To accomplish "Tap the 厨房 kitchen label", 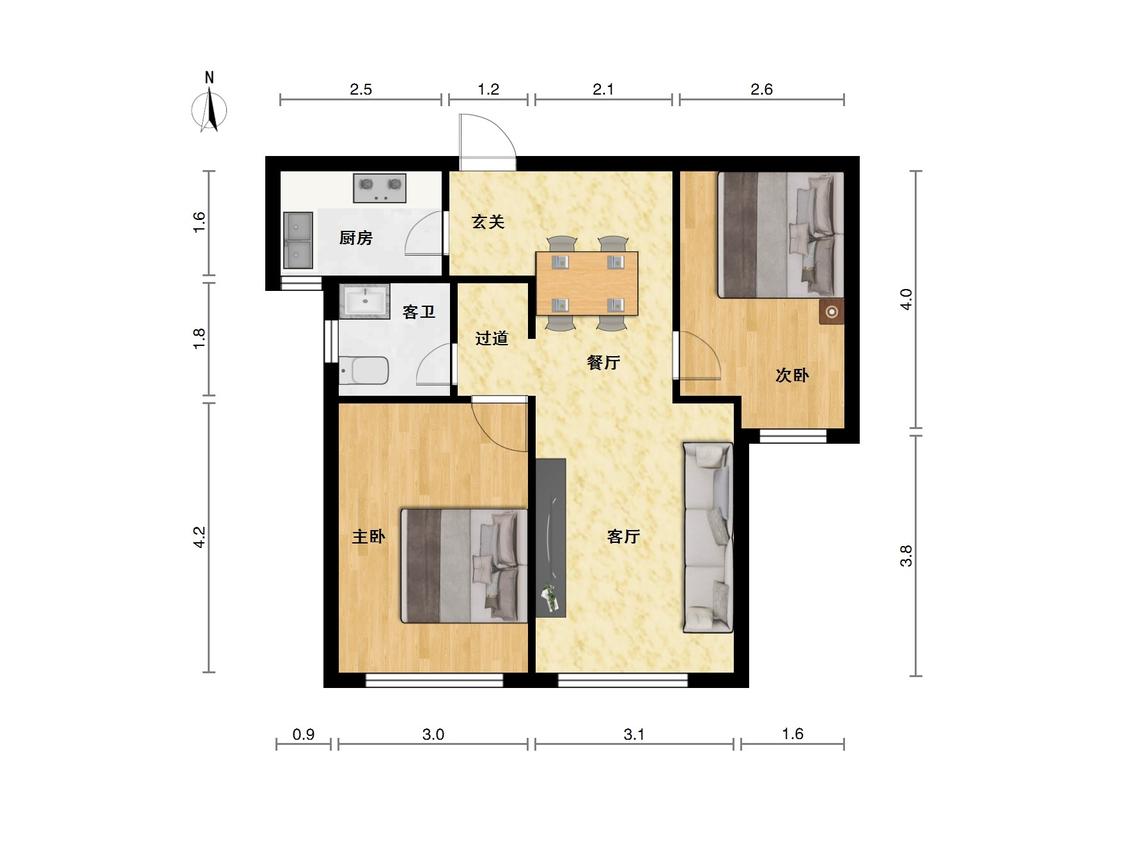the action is (x=356, y=238).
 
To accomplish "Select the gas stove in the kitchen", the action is (x=380, y=188).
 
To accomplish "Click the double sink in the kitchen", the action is (x=298, y=240).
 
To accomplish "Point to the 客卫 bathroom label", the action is (x=419, y=312).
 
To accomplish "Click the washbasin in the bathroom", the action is (x=364, y=301).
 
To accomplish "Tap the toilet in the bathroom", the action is (x=364, y=371).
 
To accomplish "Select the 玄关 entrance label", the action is (x=488, y=222).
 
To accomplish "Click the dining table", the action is (x=587, y=283).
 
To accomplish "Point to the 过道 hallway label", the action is (x=492, y=338).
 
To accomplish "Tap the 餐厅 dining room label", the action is (x=603, y=362).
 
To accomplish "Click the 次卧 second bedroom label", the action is (x=792, y=375).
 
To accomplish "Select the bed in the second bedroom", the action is (x=781, y=235).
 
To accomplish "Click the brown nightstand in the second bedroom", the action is (x=832, y=312).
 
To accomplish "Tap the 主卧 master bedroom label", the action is (x=369, y=536).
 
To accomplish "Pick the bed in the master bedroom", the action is (x=464, y=566).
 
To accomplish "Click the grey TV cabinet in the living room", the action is (x=551, y=537).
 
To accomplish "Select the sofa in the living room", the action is (x=708, y=538).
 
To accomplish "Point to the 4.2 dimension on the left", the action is (x=200, y=537).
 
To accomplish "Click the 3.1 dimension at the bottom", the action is (x=634, y=734).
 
